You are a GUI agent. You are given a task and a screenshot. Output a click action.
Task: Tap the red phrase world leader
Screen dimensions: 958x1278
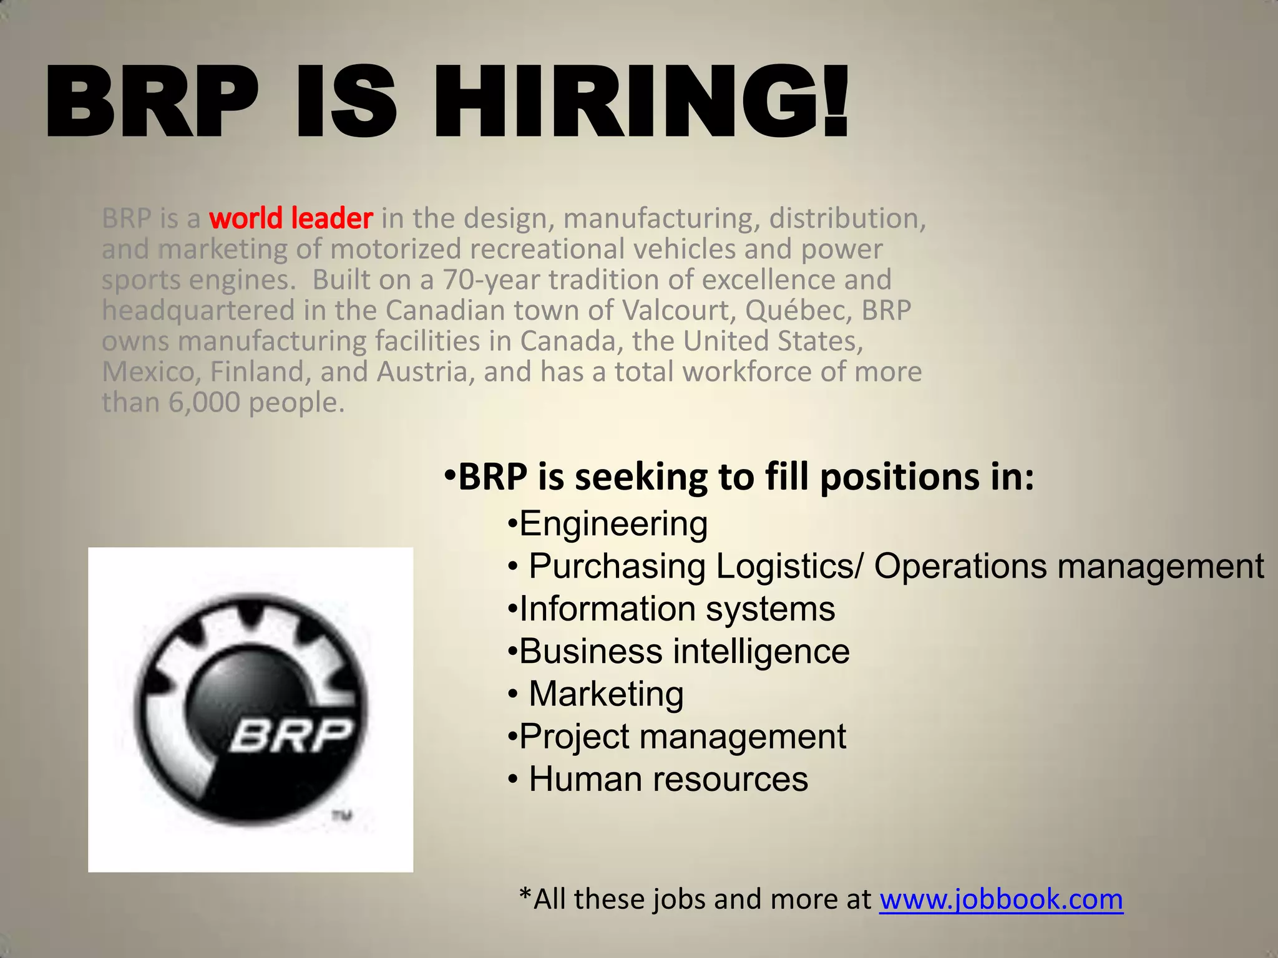(x=291, y=218)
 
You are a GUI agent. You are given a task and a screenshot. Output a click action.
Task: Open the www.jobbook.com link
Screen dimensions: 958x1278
(x=1001, y=899)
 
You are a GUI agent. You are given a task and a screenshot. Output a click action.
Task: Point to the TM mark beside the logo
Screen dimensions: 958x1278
(x=342, y=815)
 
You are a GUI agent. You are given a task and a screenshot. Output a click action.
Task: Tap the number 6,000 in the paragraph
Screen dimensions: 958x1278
(x=204, y=402)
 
